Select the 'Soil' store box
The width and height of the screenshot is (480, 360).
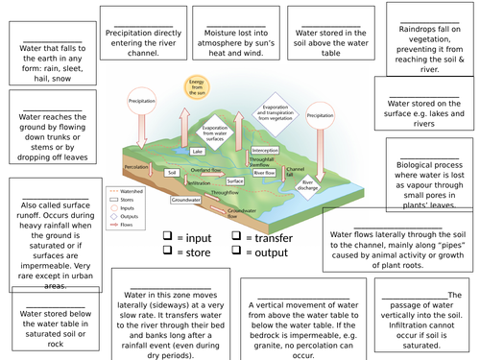172,173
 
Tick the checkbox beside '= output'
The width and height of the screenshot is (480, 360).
234,252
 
